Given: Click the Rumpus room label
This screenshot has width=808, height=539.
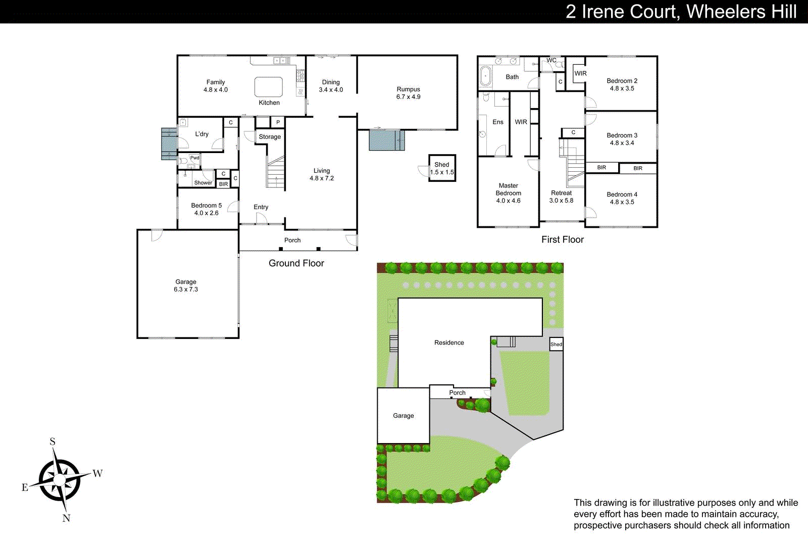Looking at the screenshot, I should tap(408, 89).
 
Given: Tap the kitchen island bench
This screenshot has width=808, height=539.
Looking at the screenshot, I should tap(268, 87).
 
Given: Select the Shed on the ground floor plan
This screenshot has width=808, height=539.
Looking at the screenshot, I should tap(442, 168).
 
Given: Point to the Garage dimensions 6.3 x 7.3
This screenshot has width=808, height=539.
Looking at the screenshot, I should tap(186, 289).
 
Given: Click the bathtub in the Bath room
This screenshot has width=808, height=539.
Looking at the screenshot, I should tap(485, 76).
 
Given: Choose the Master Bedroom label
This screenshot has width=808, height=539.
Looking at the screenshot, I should tap(508, 189).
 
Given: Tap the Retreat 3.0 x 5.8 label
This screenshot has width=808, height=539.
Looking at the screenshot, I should tap(561, 197).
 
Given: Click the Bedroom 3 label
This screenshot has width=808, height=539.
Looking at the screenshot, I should tap(622, 135).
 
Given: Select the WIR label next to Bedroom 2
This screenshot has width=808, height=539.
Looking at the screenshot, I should tap(580, 73).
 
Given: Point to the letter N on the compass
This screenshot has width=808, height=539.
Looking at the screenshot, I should tap(66, 518).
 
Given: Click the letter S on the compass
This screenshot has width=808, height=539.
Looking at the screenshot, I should tap(53, 442).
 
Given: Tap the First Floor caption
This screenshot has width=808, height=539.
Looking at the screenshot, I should tap(562, 239).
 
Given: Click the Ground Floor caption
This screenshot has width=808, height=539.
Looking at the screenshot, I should tap(296, 263).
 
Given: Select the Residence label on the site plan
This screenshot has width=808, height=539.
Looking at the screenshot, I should tap(449, 342).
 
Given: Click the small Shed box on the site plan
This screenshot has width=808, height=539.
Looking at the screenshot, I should tap(556, 344).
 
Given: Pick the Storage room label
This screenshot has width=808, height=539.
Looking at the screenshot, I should tap(270, 137).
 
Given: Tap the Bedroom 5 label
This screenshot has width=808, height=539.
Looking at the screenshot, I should tap(206, 206).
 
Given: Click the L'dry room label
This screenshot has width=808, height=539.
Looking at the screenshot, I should tap(201, 134).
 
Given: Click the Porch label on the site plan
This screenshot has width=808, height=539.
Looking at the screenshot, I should tap(457, 393).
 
